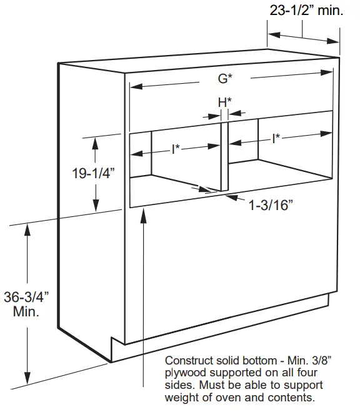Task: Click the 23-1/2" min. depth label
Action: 306,11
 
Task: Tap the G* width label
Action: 225,78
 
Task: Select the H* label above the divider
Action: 224,103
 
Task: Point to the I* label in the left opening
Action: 176,149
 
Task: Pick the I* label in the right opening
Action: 276,139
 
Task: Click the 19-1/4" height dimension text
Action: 93,173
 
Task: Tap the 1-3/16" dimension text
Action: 271,205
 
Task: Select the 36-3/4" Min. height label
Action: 26,304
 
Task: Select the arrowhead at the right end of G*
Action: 327,73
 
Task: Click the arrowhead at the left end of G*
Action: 136,86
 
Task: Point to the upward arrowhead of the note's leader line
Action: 143,215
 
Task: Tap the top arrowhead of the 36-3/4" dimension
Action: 27,230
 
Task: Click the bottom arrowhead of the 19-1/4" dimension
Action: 96,205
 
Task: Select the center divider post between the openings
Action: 224,156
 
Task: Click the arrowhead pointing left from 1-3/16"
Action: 231,198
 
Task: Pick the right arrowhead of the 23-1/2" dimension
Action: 333,41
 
